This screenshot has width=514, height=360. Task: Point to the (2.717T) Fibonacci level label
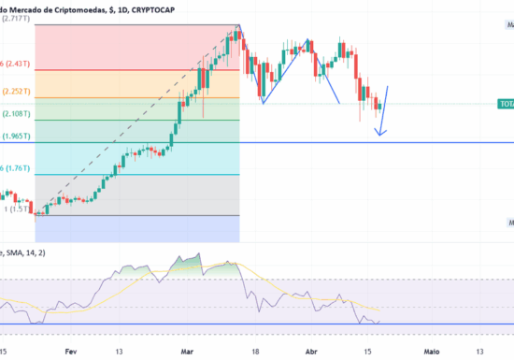coord(16,18)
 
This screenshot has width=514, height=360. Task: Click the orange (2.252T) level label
coord(16,92)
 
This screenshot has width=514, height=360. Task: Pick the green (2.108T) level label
coord(16,114)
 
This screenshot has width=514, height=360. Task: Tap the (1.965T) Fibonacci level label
coord(16,137)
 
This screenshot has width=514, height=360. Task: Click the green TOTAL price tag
coord(505,104)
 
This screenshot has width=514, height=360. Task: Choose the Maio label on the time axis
coord(432,352)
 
